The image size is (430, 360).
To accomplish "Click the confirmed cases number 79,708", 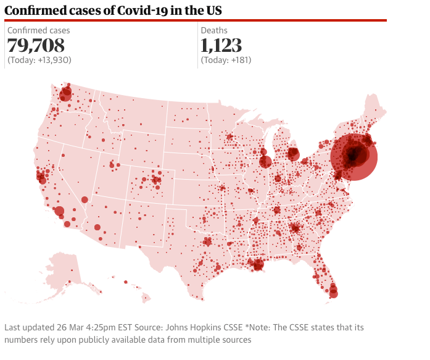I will click(x=36, y=45).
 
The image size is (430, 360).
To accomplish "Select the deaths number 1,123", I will click(x=221, y=45).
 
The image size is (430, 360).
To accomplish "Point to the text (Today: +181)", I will click(x=226, y=60).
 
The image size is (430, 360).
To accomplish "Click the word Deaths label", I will click(x=214, y=30).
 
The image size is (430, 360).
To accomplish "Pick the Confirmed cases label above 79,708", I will click(x=38, y=30).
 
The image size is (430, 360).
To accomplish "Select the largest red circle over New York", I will click(x=354, y=157).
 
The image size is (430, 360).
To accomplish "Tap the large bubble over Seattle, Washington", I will click(x=65, y=94).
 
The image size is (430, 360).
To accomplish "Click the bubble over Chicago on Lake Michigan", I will click(x=266, y=162).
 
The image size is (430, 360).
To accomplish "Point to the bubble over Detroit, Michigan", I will click(x=294, y=154).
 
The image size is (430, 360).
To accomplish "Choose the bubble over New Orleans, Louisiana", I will click(x=258, y=265).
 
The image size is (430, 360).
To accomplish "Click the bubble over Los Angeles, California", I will click(x=60, y=211).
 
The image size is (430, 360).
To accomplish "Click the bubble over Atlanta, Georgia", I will click(x=296, y=228).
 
